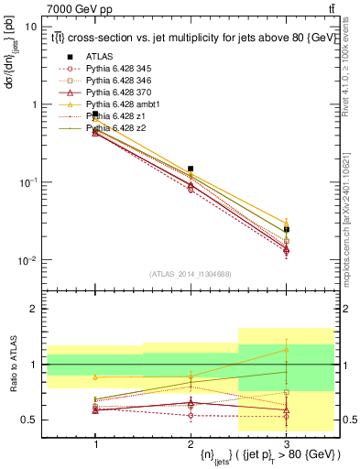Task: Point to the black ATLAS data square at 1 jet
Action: pyautogui.click(x=95, y=114)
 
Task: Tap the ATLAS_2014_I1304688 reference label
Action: pyautogui.click(x=191, y=274)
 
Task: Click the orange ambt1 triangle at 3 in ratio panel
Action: pyautogui.click(x=287, y=349)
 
